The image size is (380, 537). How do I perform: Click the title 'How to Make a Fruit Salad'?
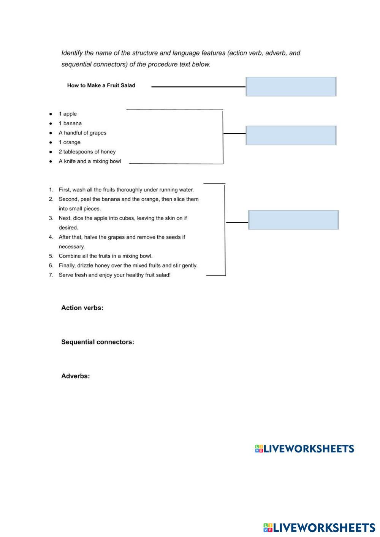(x=101, y=85)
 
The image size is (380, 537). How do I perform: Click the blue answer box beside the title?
(x=291, y=87)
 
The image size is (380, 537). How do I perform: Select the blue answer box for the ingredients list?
(x=291, y=135)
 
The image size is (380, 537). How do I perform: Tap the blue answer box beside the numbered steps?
(x=293, y=220)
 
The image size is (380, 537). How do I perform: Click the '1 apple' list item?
(x=68, y=114)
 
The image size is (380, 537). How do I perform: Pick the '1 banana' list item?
(x=70, y=123)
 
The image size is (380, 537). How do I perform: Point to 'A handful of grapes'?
(x=82, y=133)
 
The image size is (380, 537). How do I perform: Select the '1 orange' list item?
(x=70, y=142)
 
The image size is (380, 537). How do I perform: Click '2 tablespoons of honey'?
(x=87, y=152)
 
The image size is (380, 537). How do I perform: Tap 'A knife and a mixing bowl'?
(x=90, y=161)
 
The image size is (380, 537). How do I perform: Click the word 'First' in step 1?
(x=64, y=190)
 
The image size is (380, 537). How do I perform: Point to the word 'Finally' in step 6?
(x=67, y=266)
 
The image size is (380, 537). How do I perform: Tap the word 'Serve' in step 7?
(x=66, y=275)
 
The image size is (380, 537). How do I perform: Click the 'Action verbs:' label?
(x=82, y=308)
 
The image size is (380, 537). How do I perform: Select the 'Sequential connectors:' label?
(x=98, y=342)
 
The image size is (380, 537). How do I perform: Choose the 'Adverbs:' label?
(x=76, y=376)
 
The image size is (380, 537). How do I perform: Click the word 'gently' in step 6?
(x=188, y=266)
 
